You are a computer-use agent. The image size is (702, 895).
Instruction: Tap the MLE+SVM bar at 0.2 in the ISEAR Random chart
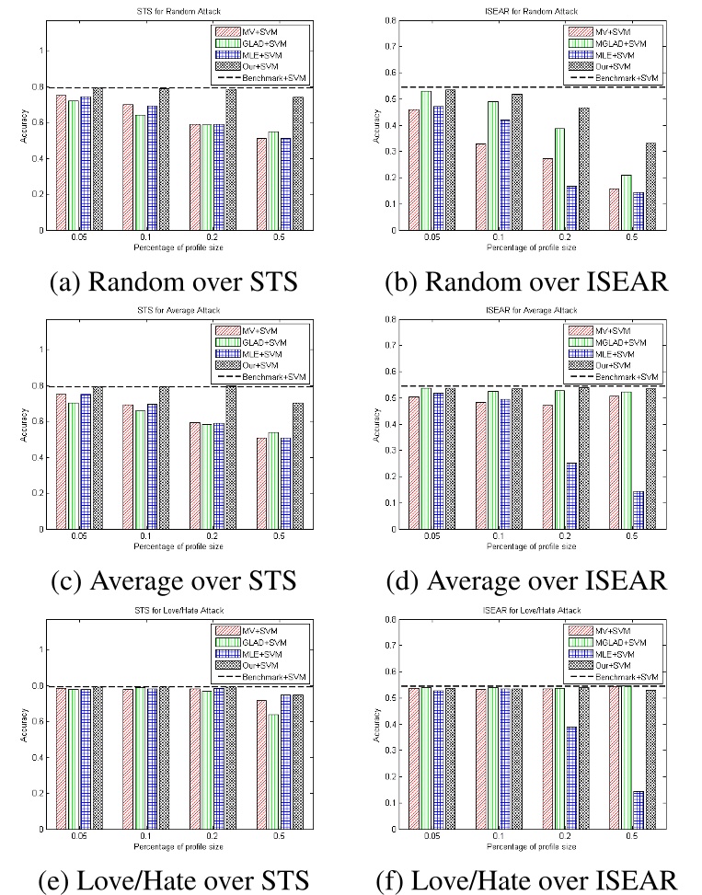(571, 208)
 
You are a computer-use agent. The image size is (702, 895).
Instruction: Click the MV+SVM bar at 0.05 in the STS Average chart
(61, 461)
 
